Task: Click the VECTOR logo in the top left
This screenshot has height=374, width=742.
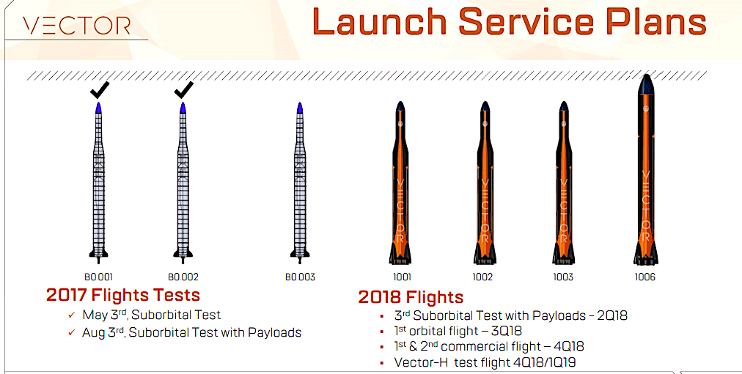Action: click(x=76, y=26)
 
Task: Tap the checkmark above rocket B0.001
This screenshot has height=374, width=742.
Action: click(x=99, y=91)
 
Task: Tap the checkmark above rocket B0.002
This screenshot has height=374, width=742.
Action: click(x=183, y=91)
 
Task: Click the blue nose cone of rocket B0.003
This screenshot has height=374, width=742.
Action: click(x=300, y=108)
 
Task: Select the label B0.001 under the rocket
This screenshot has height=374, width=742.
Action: click(x=99, y=277)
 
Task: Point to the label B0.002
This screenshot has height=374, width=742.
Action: click(x=183, y=277)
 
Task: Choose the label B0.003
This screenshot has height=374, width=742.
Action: click(x=300, y=277)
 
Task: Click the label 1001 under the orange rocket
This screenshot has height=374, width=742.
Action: click(x=401, y=277)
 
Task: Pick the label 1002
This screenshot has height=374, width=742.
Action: click(x=483, y=277)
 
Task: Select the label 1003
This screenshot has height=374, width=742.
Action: click(x=563, y=277)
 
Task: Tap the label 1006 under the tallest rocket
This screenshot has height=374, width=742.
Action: click(x=645, y=277)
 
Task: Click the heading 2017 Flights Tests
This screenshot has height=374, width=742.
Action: click(x=122, y=296)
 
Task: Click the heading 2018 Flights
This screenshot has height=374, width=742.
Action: click(x=411, y=297)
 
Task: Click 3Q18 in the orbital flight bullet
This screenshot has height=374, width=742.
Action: click(x=506, y=331)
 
